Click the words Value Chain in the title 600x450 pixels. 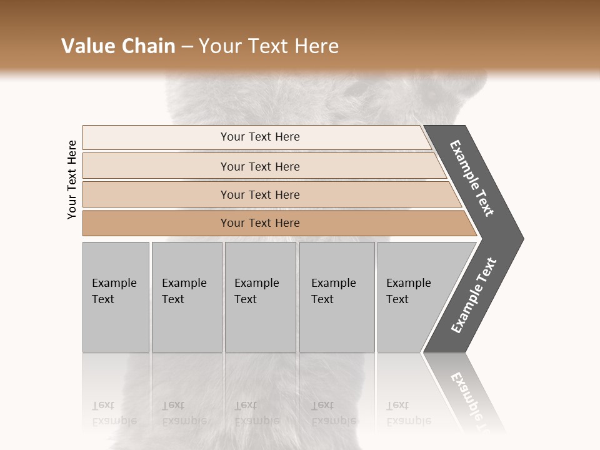coord(118,46)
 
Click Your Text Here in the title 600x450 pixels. coord(269,46)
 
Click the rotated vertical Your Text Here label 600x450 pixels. coord(72,179)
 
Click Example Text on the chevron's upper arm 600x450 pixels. coord(472,178)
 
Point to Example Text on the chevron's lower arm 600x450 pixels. coord(474,296)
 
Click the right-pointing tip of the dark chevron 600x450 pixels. coord(520,238)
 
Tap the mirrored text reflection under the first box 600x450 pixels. coord(114,413)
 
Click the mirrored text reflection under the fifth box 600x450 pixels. coord(408,413)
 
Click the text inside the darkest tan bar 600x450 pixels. coord(260,223)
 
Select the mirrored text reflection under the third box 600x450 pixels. coord(256,413)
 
